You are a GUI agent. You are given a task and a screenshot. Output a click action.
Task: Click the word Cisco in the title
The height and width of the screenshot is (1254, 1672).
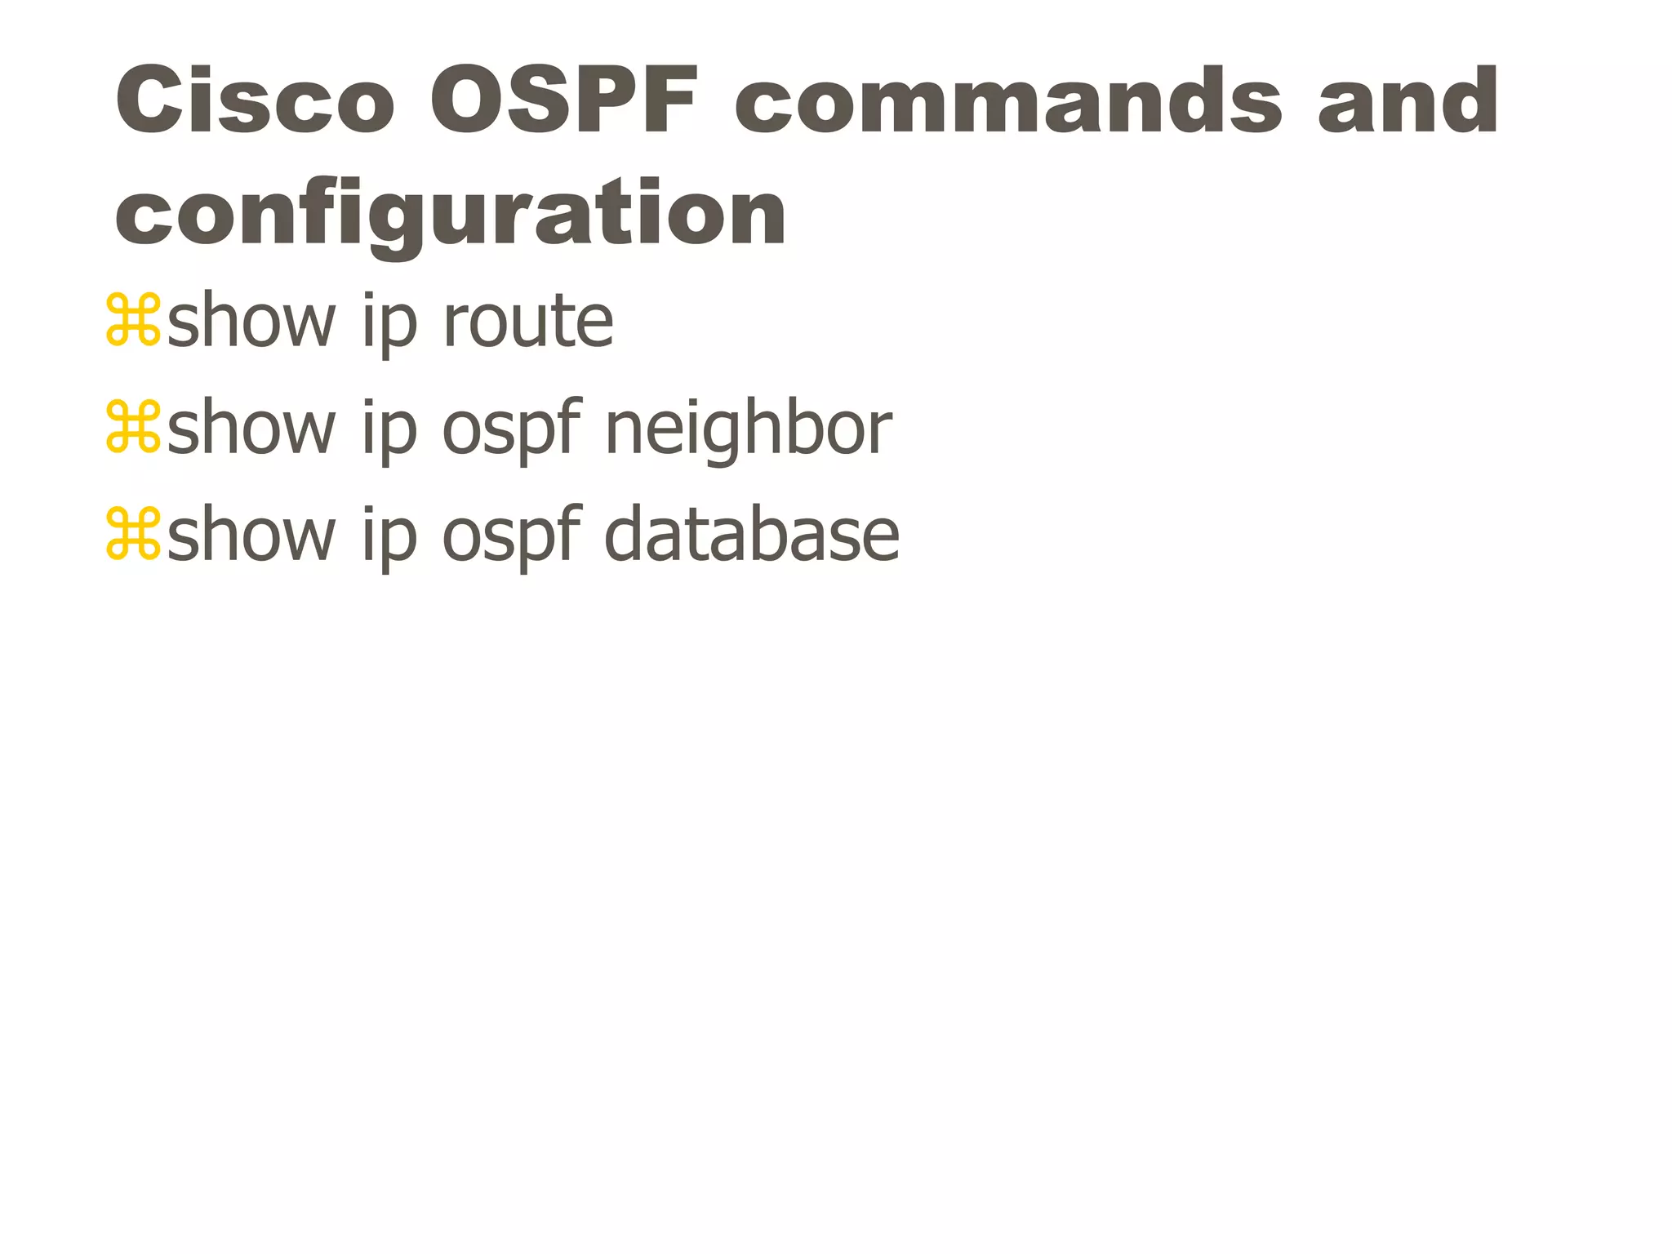(255, 101)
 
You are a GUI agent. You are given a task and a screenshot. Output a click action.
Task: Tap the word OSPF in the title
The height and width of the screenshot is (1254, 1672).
(563, 101)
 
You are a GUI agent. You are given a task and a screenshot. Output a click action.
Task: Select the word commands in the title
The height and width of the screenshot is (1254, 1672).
(1007, 101)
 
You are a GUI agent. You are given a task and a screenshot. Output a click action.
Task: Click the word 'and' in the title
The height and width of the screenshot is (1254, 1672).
(1407, 101)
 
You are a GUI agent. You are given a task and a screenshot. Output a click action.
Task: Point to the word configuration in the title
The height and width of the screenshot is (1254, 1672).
(450, 214)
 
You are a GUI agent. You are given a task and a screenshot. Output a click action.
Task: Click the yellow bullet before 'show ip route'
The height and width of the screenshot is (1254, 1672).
(133, 321)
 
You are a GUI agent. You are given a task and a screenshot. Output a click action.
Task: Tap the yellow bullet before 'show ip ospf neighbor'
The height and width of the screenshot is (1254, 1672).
(133, 428)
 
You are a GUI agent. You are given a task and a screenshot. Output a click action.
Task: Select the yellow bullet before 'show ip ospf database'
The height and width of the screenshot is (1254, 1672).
(133, 535)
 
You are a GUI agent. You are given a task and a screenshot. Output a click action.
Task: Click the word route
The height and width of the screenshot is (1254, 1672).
(527, 322)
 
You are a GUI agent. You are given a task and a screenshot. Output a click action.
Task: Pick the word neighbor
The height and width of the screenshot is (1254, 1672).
(748, 429)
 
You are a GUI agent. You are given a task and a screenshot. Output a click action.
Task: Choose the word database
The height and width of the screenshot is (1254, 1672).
(751, 535)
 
